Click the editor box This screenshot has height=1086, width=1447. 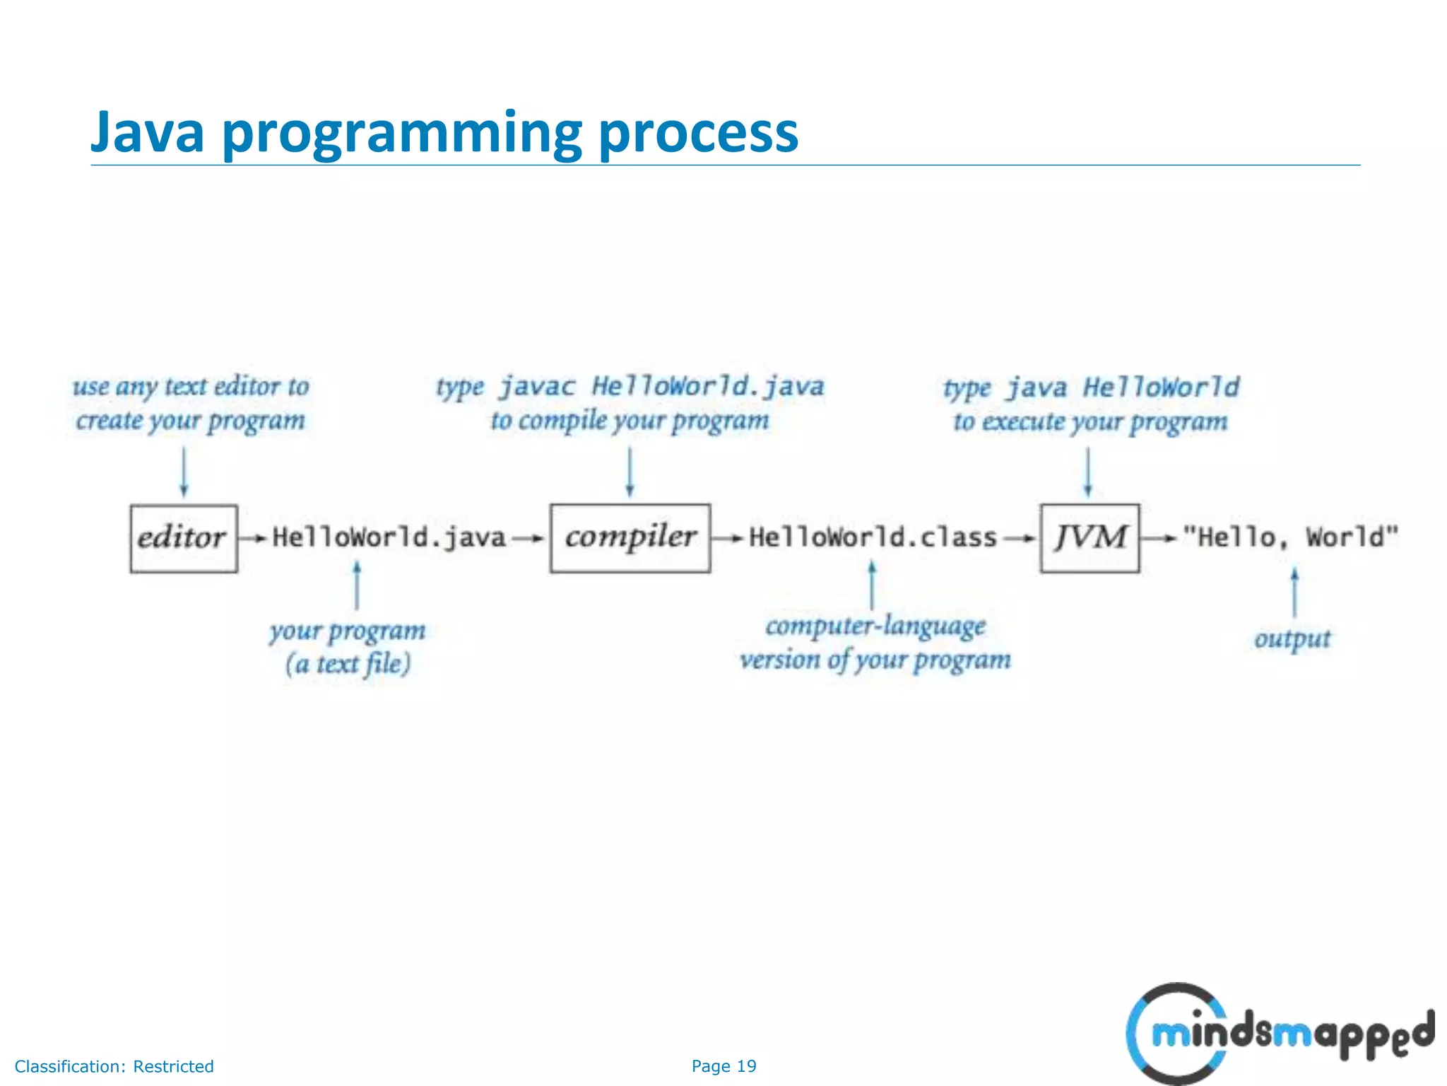pyautogui.click(x=183, y=538)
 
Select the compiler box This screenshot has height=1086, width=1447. pyautogui.click(x=630, y=538)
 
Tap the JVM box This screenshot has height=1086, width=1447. pyautogui.click(x=1089, y=538)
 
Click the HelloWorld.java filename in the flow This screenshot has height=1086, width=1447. pyautogui.click(x=389, y=538)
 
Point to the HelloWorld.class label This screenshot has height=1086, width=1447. pyautogui.click(x=873, y=538)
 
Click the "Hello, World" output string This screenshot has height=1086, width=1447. pyautogui.click(x=1290, y=538)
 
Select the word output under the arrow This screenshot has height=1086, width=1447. pyautogui.click(x=1292, y=639)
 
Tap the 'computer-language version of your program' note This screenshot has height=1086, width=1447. pyautogui.click(x=875, y=643)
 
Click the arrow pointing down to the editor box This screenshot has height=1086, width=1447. pyautogui.click(x=184, y=472)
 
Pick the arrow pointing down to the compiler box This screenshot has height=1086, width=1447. pyautogui.click(x=630, y=472)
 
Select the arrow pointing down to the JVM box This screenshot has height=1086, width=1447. pyautogui.click(x=1088, y=472)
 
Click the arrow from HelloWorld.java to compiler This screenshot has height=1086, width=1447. pyautogui.click(x=528, y=539)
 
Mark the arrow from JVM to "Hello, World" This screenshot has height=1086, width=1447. pyautogui.click(x=1159, y=539)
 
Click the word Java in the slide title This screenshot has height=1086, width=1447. pyautogui.click(x=148, y=132)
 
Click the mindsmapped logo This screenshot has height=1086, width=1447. pyautogui.click(x=1279, y=1033)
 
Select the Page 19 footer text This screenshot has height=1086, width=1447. pyautogui.click(x=723, y=1066)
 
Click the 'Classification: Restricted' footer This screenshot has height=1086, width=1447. pyautogui.click(x=114, y=1066)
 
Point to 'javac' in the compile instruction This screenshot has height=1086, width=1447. pyautogui.click(x=537, y=387)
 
